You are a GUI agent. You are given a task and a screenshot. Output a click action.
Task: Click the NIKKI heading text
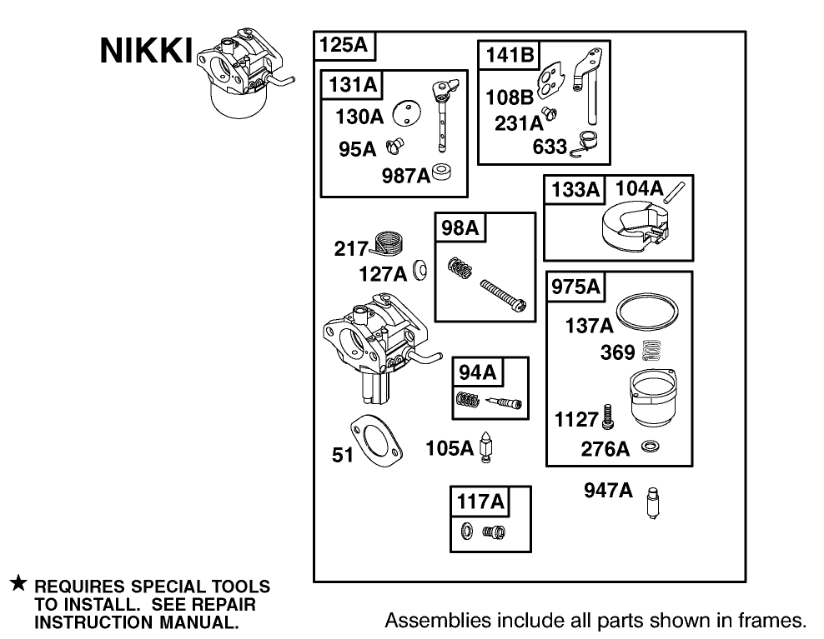click(x=145, y=52)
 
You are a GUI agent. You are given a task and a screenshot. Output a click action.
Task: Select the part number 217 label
click(x=350, y=247)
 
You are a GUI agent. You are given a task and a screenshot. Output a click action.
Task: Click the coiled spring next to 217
click(x=388, y=244)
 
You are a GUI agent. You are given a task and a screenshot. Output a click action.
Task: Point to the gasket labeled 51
click(x=377, y=438)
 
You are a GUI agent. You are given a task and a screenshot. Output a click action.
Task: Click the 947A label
click(x=608, y=491)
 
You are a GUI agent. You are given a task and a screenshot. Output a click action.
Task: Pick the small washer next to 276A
click(x=647, y=448)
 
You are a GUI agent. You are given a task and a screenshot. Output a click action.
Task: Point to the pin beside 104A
click(x=674, y=191)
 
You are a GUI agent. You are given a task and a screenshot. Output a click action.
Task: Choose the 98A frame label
click(x=460, y=227)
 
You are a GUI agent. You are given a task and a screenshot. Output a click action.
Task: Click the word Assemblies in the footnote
click(x=431, y=620)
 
